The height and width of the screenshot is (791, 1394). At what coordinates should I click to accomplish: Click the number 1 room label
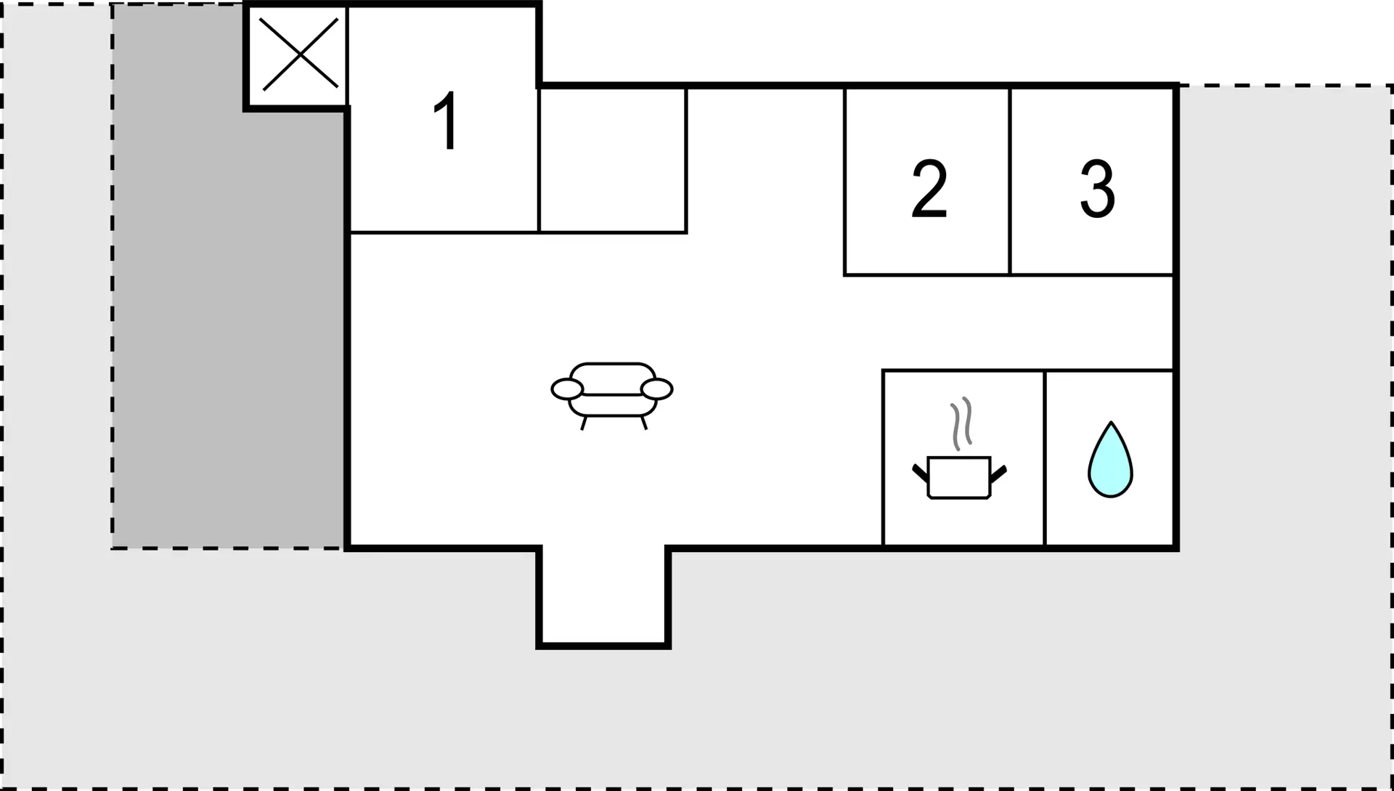point(446,120)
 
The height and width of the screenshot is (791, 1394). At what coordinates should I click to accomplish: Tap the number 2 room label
point(929,189)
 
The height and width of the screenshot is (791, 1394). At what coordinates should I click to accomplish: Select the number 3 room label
point(1098,189)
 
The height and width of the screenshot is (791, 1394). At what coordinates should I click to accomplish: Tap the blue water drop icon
point(1110,460)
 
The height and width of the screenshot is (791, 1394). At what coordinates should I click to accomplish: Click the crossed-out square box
point(298,55)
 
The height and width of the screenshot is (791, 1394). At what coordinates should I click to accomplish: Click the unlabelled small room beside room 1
point(613,160)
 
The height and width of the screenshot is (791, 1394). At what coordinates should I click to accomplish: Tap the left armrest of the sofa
point(567,389)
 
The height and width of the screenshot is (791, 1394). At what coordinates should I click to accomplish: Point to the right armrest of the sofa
point(657,389)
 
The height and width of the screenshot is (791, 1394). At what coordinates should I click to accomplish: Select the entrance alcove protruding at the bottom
point(603,596)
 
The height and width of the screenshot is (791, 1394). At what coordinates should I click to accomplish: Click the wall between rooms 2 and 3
point(1010,182)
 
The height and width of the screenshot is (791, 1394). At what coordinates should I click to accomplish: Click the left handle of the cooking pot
point(920,473)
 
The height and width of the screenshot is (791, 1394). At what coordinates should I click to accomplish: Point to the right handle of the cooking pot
point(998,474)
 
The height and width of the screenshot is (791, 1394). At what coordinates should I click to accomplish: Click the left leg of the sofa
point(584,423)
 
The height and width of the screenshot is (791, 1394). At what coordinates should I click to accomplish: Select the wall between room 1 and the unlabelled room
point(539,160)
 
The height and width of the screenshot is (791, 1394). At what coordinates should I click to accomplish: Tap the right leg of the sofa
point(644,423)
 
